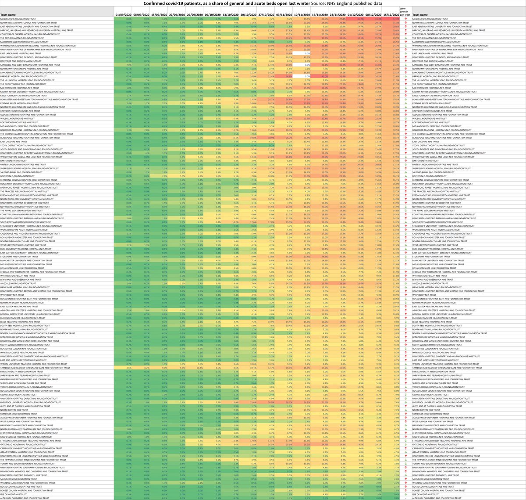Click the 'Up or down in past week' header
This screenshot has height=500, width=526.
[x=403, y=12]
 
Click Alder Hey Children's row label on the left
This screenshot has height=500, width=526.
[x=28, y=498]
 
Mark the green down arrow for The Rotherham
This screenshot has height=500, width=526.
[x=403, y=37]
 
